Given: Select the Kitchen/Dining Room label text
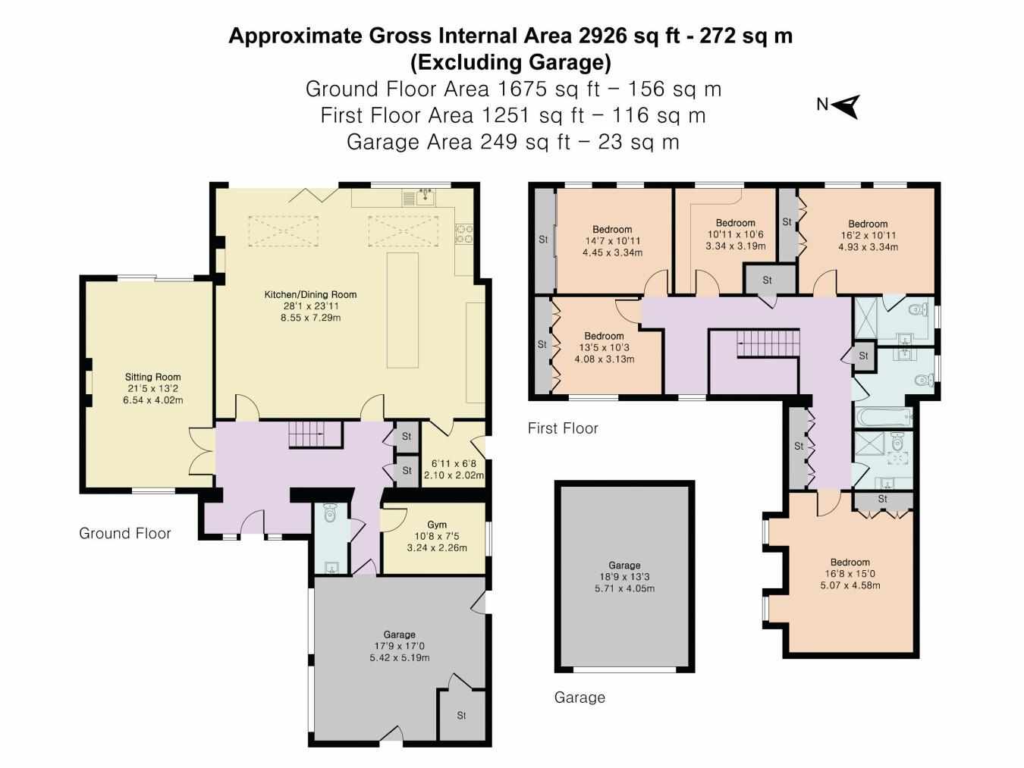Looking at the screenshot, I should click(x=310, y=294).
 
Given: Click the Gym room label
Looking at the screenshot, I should click(x=437, y=525).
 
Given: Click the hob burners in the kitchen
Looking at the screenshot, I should click(x=463, y=234).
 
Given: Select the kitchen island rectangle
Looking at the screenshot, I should click(x=403, y=310).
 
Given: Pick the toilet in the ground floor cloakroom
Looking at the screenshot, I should click(x=329, y=515).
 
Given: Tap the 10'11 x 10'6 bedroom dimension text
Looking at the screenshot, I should click(x=735, y=234).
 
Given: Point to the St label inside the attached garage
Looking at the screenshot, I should click(x=461, y=715).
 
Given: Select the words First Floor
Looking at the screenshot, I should click(x=563, y=428).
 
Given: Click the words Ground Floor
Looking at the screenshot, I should click(x=125, y=534).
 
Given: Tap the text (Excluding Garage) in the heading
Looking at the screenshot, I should click(x=510, y=61).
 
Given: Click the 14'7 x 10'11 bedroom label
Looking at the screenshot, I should click(x=612, y=240).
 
